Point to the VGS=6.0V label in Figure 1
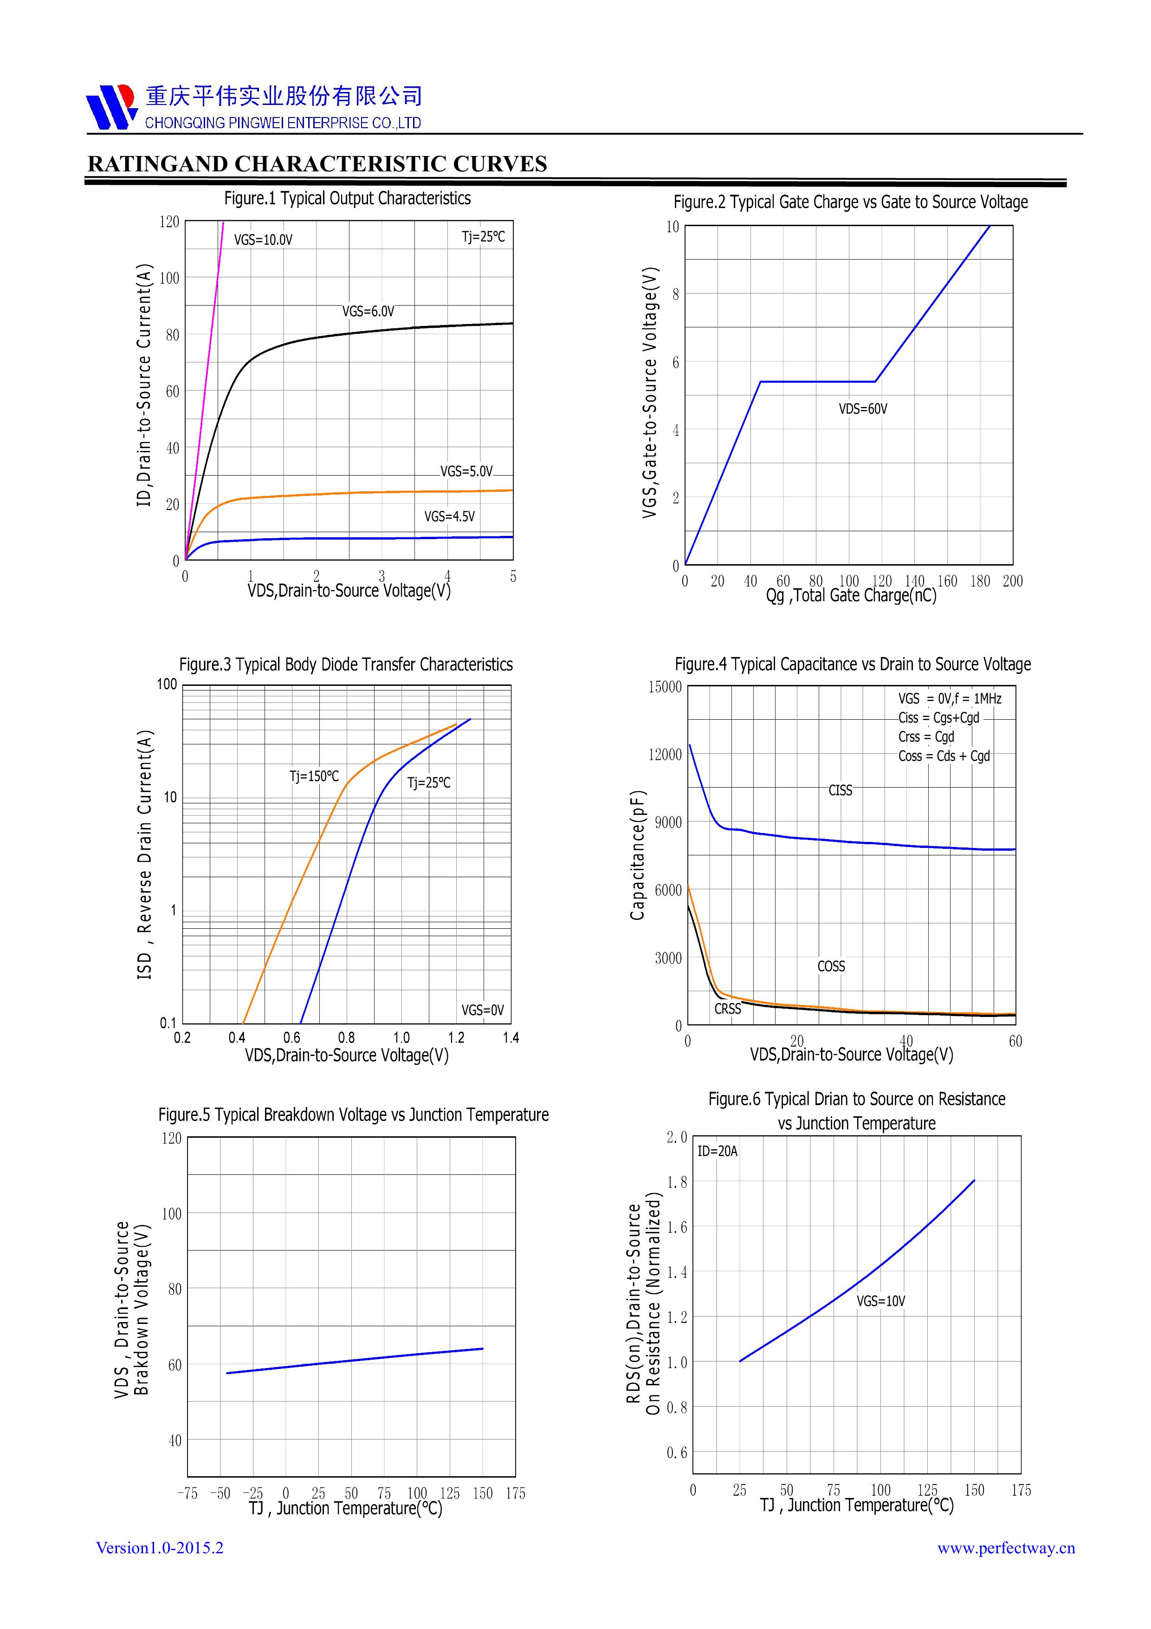[368, 312]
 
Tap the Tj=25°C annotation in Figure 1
[484, 237]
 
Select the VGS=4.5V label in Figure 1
[450, 516]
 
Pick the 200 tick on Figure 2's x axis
[1013, 581]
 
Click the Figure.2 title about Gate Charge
[850, 202]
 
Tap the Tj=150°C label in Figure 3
[314, 776]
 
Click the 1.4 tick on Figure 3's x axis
[511, 1038]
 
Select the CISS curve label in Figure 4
[841, 790]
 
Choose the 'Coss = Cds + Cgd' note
[944, 756]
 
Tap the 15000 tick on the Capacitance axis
[665, 687]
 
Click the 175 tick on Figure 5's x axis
[516, 1493]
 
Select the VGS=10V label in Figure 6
[881, 1301]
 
